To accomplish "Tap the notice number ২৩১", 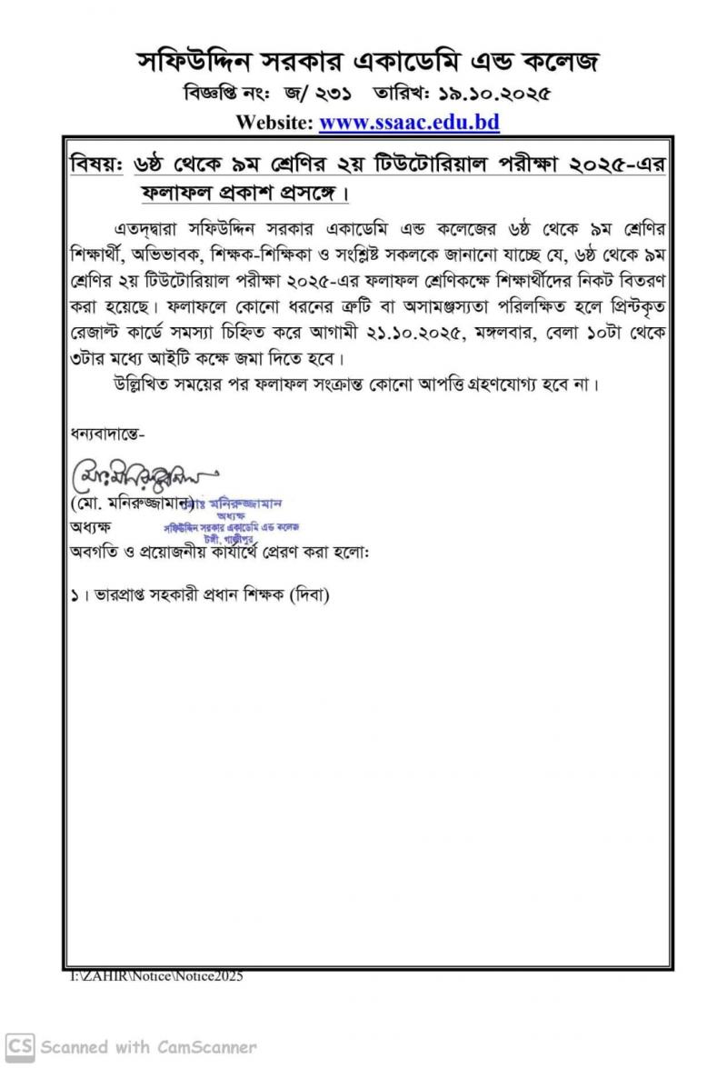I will point(334,94).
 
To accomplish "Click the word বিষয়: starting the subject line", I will point(96,167).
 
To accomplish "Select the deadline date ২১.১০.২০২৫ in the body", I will point(402,331).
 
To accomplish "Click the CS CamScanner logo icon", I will point(19,1046).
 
